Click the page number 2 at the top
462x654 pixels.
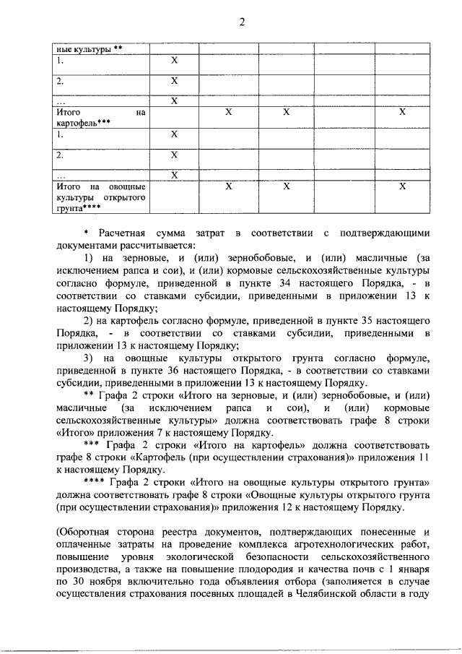coord(243,22)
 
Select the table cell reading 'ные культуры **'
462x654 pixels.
coord(90,49)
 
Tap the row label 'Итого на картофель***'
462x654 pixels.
coord(101,118)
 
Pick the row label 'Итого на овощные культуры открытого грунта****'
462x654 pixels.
coord(101,197)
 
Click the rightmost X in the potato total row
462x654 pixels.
coord(402,113)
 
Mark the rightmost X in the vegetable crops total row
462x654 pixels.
coord(402,186)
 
